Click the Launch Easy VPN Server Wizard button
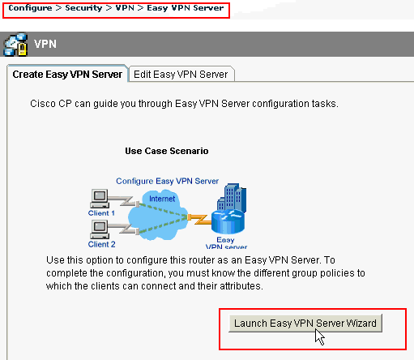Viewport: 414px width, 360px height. coord(307,323)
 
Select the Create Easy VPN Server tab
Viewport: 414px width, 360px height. coord(67,74)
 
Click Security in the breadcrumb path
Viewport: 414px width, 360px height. coord(83,7)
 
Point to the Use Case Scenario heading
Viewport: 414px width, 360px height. coord(167,151)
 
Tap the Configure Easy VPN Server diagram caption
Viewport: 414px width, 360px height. coord(167,180)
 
